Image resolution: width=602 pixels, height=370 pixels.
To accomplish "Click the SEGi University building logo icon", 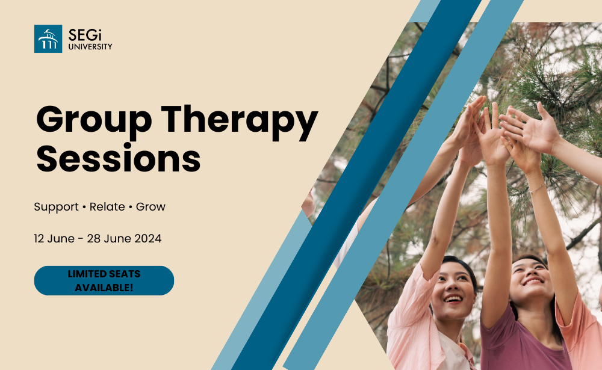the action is coord(48,39).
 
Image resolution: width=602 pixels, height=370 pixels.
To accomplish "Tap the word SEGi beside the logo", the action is coord(85,35).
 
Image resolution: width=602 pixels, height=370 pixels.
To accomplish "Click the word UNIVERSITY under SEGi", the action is coord(90,47).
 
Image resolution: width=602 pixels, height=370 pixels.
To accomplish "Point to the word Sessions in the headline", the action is coord(119,158).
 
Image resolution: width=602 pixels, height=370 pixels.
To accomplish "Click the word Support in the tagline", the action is coord(56,208).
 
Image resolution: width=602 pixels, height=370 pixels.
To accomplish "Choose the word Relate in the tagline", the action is coord(107,207).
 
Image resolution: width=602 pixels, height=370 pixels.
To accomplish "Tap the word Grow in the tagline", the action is coord(150,207).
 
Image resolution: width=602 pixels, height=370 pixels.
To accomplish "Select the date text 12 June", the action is coord(54,238).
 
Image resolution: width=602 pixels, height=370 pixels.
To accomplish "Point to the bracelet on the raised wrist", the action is coord(537,188).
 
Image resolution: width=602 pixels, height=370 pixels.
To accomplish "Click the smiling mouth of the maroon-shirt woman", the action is coord(533,282).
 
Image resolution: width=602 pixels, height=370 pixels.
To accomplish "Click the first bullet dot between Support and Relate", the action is coord(84,208).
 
